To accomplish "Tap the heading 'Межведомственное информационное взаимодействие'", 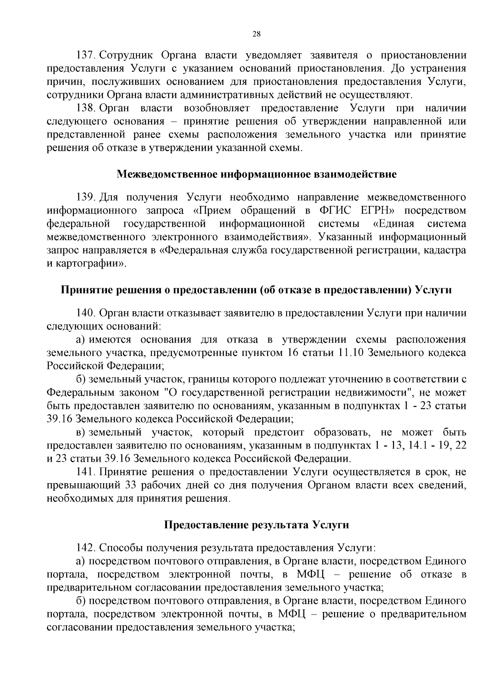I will click(x=256, y=175).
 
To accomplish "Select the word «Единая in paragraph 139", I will click(x=394, y=224).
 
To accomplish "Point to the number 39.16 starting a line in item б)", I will click(x=60, y=419).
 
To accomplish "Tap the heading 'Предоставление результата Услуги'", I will click(x=256, y=525).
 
